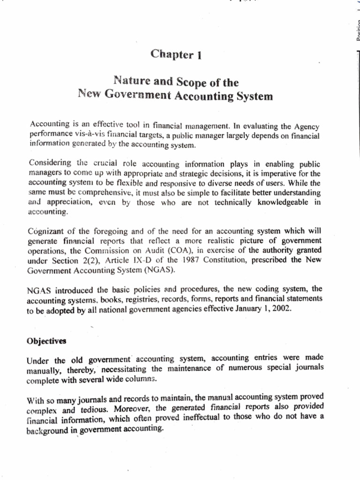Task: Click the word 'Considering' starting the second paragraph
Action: (x=49, y=163)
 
